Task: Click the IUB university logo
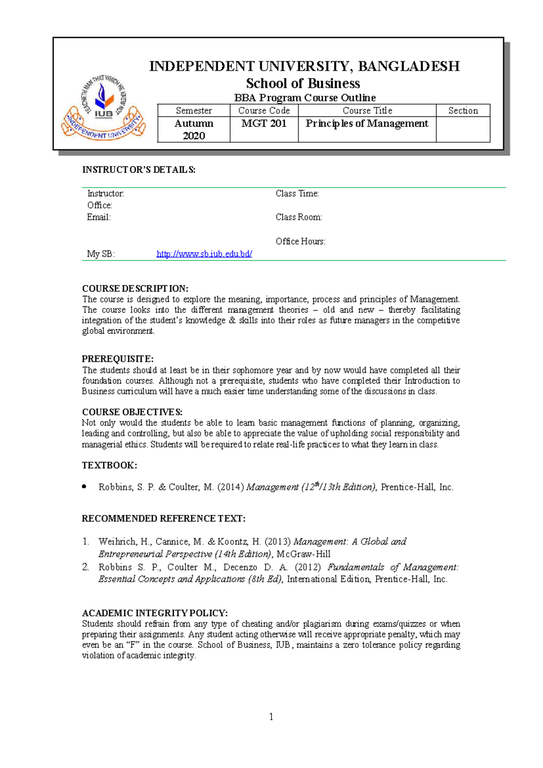[x=104, y=107]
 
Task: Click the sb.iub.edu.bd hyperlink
[x=204, y=254]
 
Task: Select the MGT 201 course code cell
[x=264, y=124]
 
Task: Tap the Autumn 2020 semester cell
[x=194, y=130]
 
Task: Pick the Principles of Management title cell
[x=367, y=124]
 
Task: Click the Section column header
[x=463, y=110]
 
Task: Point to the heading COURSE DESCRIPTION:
[x=135, y=288]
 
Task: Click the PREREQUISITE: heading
[x=118, y=359]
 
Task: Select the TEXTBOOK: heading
[x=109, y=465]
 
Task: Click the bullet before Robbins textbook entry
[x=84, y=486]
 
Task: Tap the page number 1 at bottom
[x=271, y=716]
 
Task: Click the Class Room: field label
[x=299, y=217]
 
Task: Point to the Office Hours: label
[x=300, y=241]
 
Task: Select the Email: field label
[x=99, y=217]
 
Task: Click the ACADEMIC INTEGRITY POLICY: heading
[x=155, y=613]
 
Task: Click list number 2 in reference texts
[x=86, y=567]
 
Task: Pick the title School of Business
[x=303, y=83]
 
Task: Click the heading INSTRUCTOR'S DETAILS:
[x=138, y=170]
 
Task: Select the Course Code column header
[x=264, y=110]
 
